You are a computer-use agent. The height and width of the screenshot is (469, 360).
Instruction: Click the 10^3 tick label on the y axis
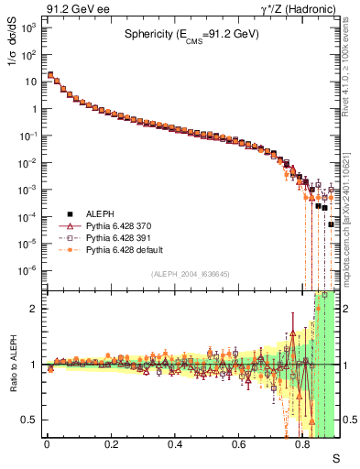pos(28,27)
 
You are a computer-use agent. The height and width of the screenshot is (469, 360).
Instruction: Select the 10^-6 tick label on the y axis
pos(27,270)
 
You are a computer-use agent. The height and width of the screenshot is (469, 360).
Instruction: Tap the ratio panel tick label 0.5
pos(29,420)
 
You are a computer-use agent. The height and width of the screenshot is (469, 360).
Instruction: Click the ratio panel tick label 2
pos(34,309)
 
